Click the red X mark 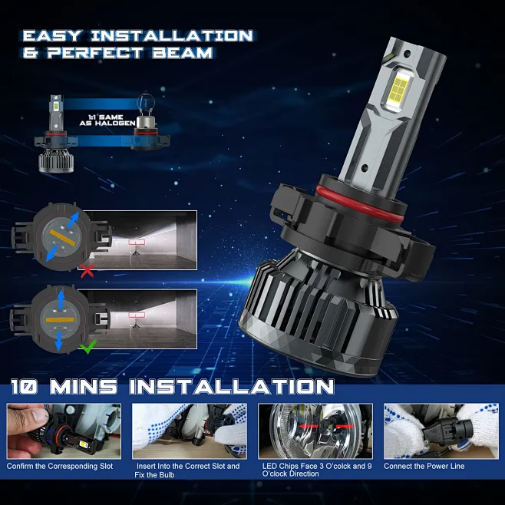[87, 270]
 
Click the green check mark [87, 348]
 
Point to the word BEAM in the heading [183, 54]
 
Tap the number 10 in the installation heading [27, 386]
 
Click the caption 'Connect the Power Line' [424, 466]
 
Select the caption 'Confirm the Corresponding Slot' [60, 466]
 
